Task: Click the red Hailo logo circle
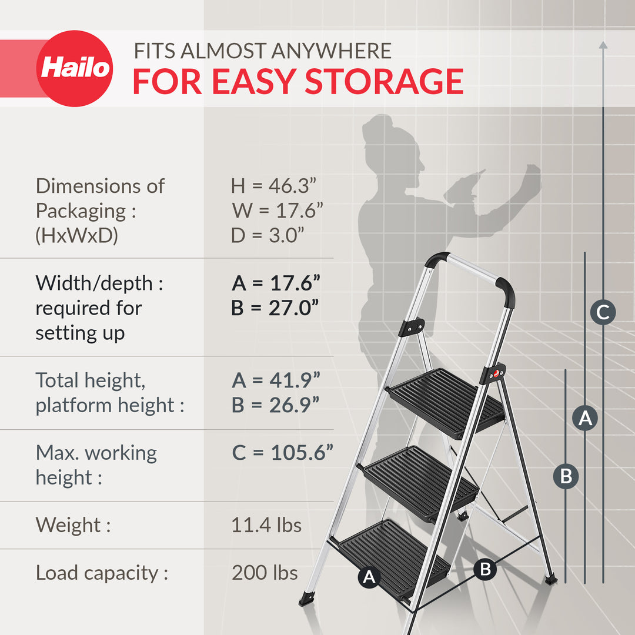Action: tap(74, 68)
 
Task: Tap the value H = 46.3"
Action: tap(274, 186)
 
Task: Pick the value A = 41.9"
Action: tap(276, 380)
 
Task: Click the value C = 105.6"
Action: tap(282, 453)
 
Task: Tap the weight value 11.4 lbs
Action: tap(266, 524)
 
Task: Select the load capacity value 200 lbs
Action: tap(265, 573)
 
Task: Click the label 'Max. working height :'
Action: tap(96, 464)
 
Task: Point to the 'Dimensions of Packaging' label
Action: tap(100, 198)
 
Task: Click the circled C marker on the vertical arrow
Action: tap(603, 312)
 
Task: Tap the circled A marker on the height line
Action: tap(584, 418)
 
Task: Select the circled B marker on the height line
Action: tap(566, 476)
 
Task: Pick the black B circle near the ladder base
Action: tap(485, 569)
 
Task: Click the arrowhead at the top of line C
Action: tap(603, 45)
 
